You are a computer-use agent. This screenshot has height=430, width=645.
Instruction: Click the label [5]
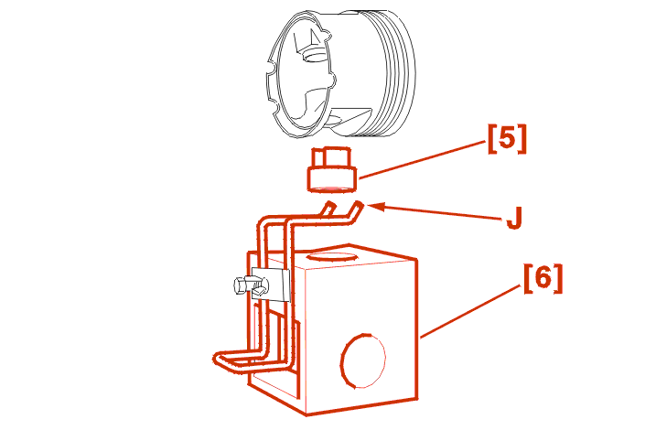point(507,139)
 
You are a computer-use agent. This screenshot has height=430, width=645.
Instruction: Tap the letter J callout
point(514,218)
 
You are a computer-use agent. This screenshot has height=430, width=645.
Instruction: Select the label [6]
point(543,278)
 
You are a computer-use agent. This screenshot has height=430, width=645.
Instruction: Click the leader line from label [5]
point(422,160)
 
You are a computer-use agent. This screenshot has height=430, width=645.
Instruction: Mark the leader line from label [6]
point(470,311)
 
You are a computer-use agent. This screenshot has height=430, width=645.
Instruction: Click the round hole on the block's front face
point(363,360)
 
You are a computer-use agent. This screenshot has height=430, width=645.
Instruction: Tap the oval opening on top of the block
point(331,256)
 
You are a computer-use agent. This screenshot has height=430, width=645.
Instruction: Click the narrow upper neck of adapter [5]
point(331,157)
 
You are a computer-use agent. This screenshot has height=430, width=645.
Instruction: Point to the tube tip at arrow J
point(359,205)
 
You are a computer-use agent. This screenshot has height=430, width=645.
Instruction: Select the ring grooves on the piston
point(395,73)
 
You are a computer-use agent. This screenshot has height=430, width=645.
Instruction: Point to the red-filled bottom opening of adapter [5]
point(331,188)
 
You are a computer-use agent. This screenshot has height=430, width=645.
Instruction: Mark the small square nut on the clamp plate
point(260,289)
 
